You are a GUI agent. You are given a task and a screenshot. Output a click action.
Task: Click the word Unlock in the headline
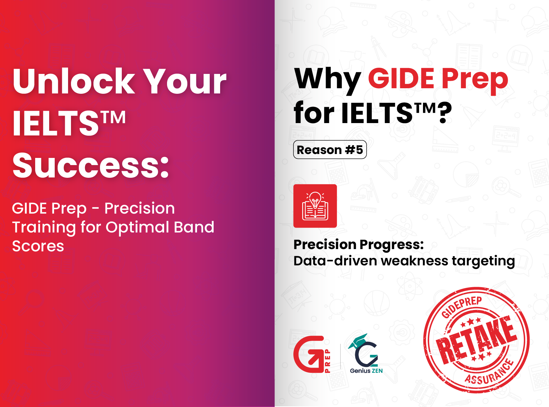(x=74, y=81)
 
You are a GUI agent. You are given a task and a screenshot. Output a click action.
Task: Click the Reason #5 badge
(x=330, y=150)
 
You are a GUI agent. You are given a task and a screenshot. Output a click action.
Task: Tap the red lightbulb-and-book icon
(x=315, y=206)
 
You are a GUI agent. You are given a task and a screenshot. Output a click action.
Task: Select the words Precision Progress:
(x=359, y=245)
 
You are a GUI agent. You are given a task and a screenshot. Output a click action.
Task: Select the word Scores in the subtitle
(x=38, y=246)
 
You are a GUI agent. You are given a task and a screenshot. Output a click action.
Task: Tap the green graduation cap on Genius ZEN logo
(x=358, y=340)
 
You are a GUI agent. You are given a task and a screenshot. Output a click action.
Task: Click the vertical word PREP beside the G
(x=328, y=361)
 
